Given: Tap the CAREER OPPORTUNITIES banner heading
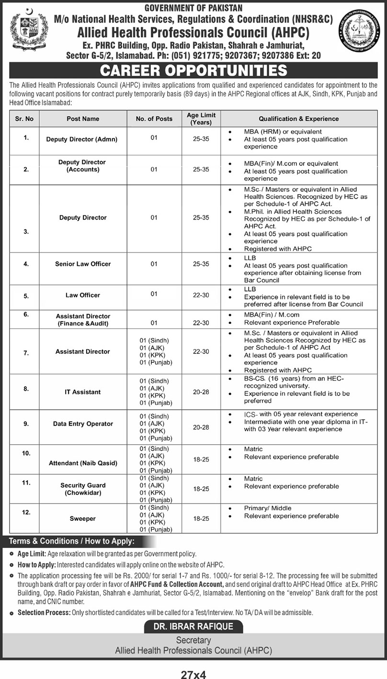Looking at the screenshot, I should click(x=193, y=71).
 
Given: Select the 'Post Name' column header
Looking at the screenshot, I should click(x=83, y=119).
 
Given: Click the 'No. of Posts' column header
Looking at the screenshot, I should click(x=154, y=119).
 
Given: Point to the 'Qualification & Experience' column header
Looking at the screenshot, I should click(x=298, y=119).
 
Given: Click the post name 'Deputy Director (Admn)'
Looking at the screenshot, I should click(x=81, y=139).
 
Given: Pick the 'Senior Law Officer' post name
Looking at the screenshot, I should click(x=83, y=264).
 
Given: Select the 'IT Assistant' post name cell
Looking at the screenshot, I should click(x=83, y=392).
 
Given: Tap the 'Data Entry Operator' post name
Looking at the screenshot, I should click(x=83, y=424).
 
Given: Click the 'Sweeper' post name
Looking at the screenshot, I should click(x=83, y=518).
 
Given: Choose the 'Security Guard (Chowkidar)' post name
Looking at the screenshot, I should click(x=83, y=489).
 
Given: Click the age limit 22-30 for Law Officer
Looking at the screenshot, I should click(x=201, y=295).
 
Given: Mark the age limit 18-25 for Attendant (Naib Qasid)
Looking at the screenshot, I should click(x=201, y=459).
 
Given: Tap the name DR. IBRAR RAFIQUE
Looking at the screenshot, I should click(x=193, y=626).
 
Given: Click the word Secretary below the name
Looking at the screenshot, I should click(x=193, y=640).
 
